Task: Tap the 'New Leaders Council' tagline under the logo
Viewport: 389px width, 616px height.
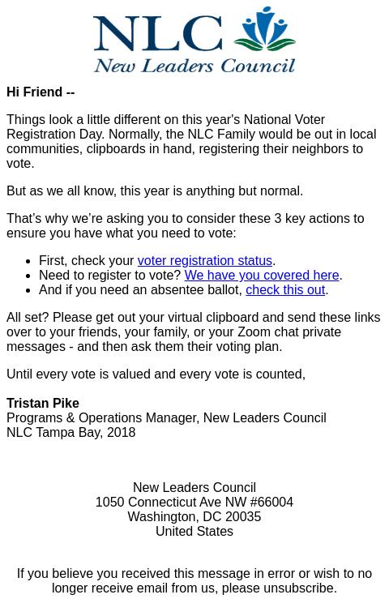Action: point(194,63)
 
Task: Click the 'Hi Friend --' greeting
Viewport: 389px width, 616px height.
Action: point(41,92)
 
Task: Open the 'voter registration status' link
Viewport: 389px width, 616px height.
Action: point(204,261)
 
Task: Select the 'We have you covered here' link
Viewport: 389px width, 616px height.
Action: point(261,276)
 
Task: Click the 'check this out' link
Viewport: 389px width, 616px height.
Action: point(285,290)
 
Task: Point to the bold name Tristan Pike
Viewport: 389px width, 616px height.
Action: point(43,404)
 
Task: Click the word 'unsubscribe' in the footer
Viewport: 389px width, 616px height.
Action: point(298,588)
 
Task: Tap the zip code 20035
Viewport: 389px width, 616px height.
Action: point(243,517)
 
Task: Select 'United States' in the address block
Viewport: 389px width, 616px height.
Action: point(194,532)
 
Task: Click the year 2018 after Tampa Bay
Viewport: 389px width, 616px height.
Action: point(121,433)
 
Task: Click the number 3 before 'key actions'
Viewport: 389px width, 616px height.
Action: point(278,219)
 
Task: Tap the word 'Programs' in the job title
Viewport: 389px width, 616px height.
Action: point(34,418)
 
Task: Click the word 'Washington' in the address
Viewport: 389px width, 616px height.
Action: point(161,517)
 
